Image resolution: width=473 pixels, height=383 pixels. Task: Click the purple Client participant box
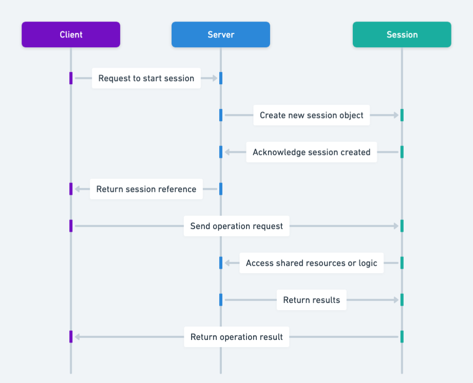[x=71, y=34]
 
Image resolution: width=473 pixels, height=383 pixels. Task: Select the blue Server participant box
[x=221, y=34]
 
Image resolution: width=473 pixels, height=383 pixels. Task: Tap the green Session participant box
[x=402, y=34]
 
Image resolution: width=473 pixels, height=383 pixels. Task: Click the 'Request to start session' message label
[x=146, y=78]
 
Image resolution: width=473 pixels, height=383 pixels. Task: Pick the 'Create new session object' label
[x=311, y=115]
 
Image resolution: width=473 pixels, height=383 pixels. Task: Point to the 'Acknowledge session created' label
[x=311, y=152]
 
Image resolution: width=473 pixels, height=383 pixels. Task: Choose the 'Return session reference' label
[x=146, y=189]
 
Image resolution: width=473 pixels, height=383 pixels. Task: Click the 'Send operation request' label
[x=236, y=226]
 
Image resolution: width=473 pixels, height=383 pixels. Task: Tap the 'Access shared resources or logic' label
[x=311, y=263]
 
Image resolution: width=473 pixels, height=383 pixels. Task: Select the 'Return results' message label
[x=311, y=300]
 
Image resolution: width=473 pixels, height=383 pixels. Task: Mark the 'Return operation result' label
[x=236, y=337]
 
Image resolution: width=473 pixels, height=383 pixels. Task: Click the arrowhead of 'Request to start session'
[x=215, y=78]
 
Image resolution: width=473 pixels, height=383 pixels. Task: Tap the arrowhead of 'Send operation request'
[x=396, y=226]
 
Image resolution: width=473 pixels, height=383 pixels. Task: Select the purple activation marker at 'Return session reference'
[x=71, y=189]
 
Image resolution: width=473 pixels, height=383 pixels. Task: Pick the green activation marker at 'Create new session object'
[x=402, y=115]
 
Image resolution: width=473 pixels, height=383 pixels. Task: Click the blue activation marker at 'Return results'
[x=221, y=300]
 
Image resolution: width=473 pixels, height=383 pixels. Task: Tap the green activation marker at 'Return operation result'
[x=402, y=337]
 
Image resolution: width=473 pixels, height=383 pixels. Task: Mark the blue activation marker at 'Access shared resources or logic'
[x=221, y=263]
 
